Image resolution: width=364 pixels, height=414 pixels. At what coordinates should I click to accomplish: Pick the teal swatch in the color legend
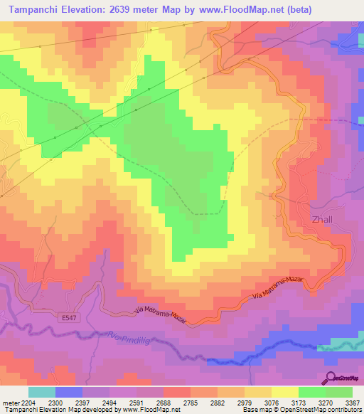click(x=42, y=392)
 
